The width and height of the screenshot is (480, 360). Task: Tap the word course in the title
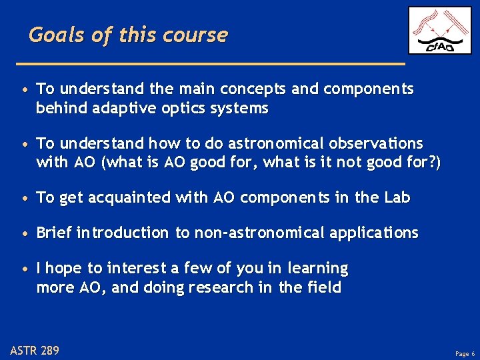199,35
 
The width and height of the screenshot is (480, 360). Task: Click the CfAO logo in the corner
439,31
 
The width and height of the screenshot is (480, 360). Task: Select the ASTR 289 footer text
35,350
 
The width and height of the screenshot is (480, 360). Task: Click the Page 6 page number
465,353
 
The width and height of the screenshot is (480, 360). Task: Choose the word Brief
55,233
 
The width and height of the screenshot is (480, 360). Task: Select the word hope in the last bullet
65,269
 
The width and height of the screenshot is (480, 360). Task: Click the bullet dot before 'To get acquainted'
24,199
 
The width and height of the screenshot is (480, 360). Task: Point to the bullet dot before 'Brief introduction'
24,234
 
